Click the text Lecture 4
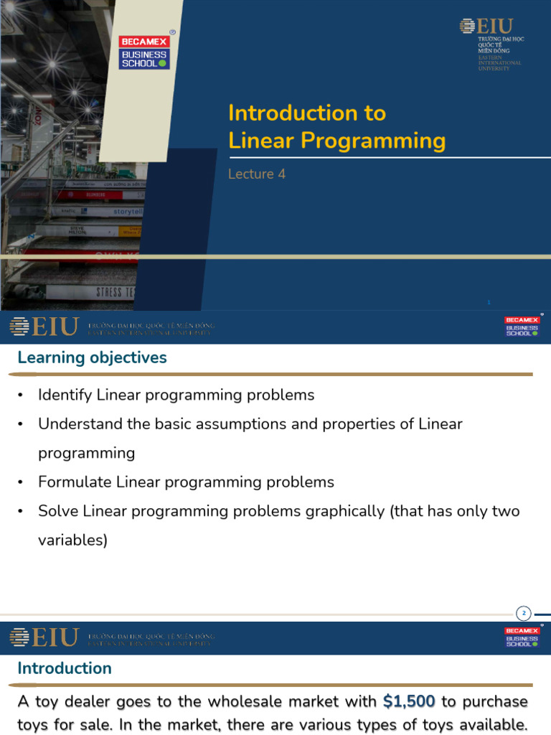[257, 174]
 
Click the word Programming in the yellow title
[373, 140]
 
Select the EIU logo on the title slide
[492, 45]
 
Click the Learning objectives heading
[92, 357]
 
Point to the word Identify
[65, 395]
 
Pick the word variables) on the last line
[72, 540]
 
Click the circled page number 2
[524, 613]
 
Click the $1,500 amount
[409, 701]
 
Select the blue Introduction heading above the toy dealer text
[65, 668]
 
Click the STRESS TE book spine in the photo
[116, 292]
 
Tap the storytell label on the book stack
[128, 212]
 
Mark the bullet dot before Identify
[21, 395]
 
